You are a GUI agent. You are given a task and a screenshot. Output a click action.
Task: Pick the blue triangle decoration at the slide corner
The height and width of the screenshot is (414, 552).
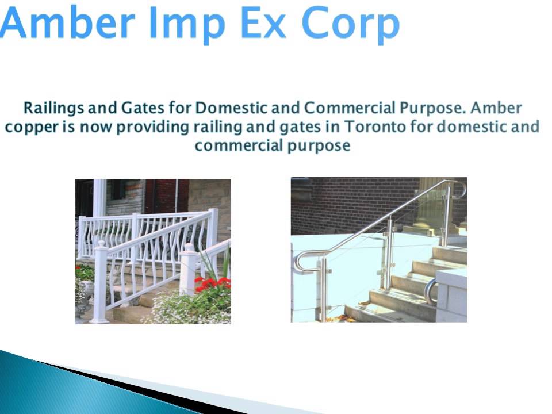pyautogui.click(x=52, y=385)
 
